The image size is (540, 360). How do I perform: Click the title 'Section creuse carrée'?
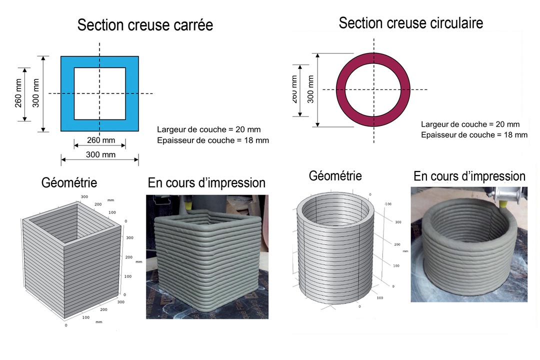point(145,25)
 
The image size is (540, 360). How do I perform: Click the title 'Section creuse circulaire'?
point(410,22)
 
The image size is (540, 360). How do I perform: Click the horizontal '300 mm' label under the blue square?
point(100,155)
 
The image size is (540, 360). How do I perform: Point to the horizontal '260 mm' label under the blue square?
point(100,140)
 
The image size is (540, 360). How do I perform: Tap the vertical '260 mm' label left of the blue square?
point(18,93)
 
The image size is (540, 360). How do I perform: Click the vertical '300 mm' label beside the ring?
point(310,89)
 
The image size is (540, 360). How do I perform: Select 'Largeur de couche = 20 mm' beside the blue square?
point(208,130)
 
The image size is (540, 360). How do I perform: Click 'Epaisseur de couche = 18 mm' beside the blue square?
point(212,140)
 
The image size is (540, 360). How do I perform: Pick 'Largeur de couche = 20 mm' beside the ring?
point(470,124)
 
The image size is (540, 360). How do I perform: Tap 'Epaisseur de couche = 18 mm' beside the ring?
point(474,135)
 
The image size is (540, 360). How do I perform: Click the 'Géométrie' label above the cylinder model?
point(335,175)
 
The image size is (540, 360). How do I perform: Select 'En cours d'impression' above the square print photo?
point(206,183)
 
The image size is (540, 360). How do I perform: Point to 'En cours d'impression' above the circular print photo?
point(469,176)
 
